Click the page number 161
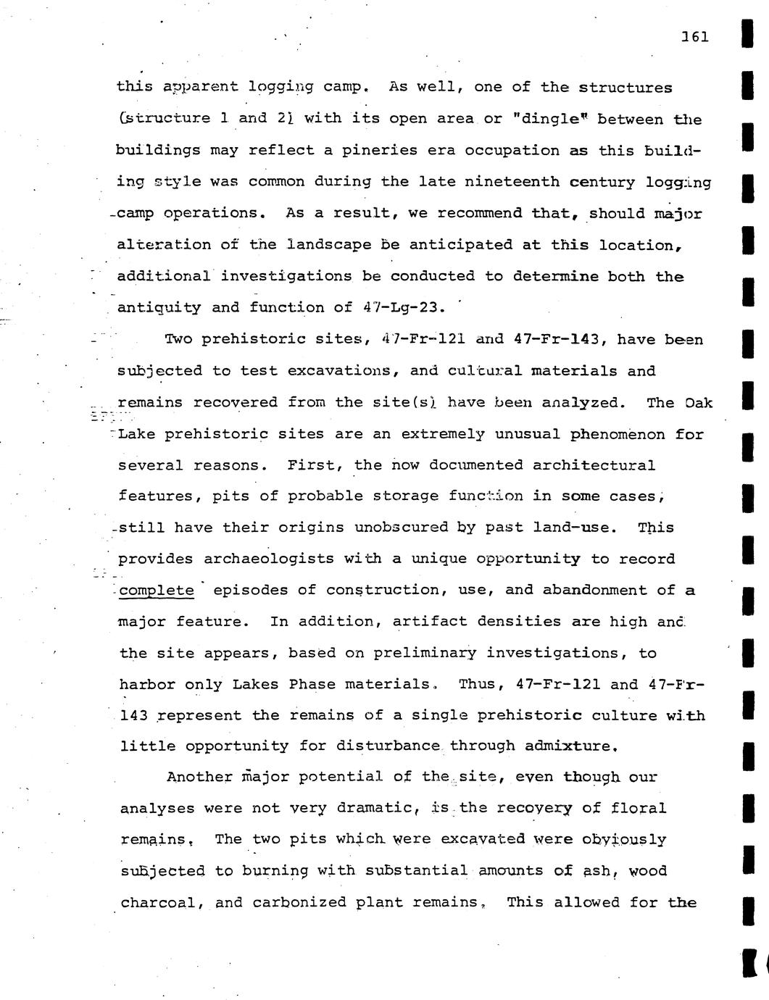point(694,37)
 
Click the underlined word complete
point(157,591)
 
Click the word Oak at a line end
point(699,402)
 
